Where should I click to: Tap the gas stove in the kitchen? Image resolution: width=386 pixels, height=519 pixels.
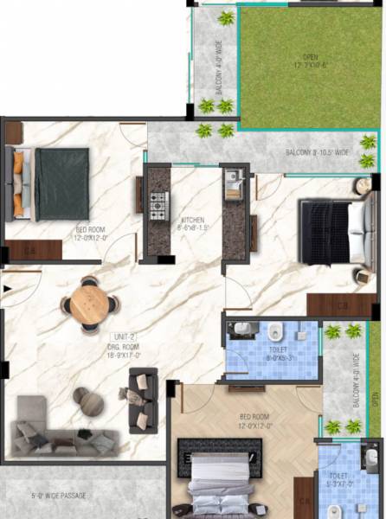point(158,206)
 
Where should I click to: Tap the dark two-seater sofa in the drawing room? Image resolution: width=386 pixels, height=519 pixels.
point(143,400)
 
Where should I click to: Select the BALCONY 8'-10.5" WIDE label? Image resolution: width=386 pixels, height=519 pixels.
point(318,153)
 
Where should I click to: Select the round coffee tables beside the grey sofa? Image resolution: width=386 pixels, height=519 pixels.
point(87,400)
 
